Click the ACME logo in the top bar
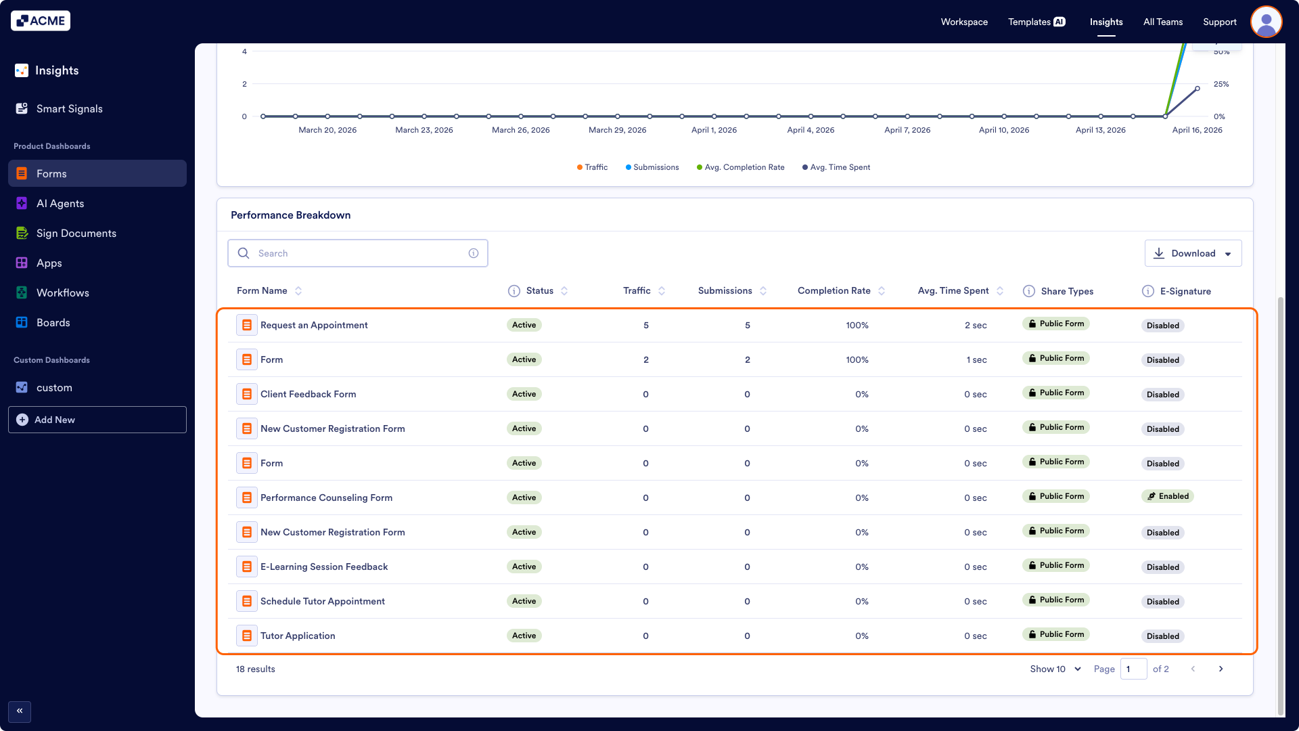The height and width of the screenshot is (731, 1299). pyautogui.click(x=41, y=21)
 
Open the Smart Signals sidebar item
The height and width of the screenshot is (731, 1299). pyautogui.click(x=69, y=109)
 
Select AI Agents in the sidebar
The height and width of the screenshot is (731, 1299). pyautogui.click(x=60, y=204)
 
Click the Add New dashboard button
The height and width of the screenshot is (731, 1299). pyautogui.click(x=97, y=420)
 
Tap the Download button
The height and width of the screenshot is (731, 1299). pyautogui.click(x=1193, y=253)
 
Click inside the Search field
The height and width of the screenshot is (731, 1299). pyautogui.click(x=359, y=253)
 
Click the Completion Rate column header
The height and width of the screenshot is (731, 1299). pyautogui.click(x=834, y=291)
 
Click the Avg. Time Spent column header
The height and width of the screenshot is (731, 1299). pyautogui.click(x=953, y=291)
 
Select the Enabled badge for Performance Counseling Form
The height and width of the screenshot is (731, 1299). pyautogui.click(x=1168, y=496)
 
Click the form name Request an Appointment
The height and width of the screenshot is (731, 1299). pyautogui.click(x=314, y=326)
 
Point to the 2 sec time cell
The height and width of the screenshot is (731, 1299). pyautogui.click(x=975, y=326)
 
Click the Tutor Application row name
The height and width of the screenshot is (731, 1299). pyautogui.click(x=298, y=636)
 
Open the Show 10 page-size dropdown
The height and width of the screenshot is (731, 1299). pyautogui.click(x=1055, y=669)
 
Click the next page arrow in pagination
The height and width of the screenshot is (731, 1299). pyautogui.click(x=1221, y=669)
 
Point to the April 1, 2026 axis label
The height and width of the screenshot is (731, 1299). pyautogui.click(x=714, y=130)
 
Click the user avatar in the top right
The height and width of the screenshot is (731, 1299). pyautogui.click(x=1266, y=22)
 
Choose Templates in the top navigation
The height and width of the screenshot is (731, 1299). pyautogui.click(x=1036, y=22)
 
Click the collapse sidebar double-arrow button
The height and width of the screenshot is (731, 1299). pyautogui.click(x=20, y=711)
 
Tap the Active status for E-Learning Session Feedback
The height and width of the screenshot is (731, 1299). pyautogui.click(x=524, y=567)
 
